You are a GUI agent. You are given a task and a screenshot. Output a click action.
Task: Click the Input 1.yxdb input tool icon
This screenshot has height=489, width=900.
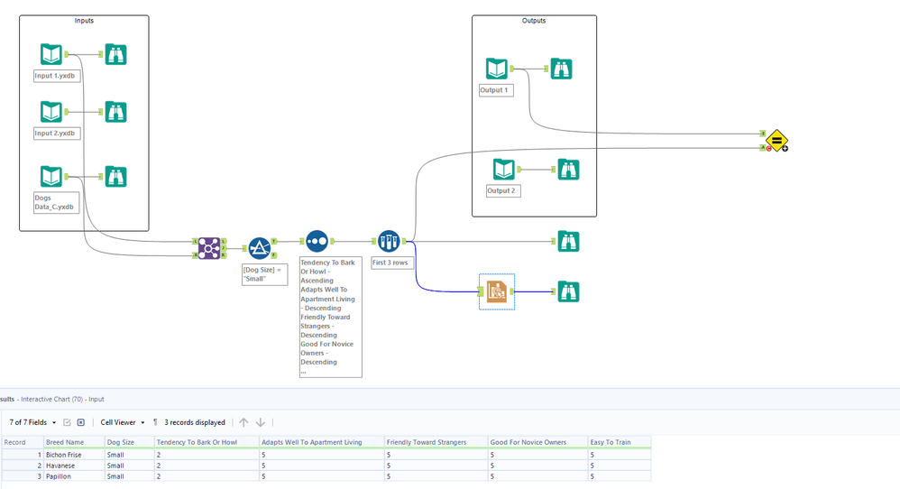coord(51,54)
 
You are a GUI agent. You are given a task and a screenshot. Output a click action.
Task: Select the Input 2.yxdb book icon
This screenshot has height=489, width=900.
coord(51,112)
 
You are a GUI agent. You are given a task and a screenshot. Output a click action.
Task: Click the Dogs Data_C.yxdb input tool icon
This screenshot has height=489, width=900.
coord(51,176)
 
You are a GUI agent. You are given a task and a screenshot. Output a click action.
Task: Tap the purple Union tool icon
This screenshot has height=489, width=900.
coord(209,248)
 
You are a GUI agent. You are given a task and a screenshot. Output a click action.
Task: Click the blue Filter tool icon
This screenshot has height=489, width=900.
coord(260,248)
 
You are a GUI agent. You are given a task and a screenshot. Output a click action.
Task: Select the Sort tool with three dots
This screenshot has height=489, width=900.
coord(317,241)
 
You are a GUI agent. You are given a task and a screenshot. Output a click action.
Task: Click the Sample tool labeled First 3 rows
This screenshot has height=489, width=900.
coord(389,241)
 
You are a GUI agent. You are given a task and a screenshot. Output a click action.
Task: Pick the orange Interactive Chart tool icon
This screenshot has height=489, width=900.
coord(496,291)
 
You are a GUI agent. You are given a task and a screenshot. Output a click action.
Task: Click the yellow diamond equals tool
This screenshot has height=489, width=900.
coord(776,140)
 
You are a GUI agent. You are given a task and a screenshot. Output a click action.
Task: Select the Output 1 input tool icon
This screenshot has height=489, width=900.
coord(497,69)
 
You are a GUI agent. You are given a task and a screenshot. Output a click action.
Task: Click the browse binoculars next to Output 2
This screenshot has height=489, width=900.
coord(568,169)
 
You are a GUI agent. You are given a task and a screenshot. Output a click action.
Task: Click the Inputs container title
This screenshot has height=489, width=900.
coord(83,20)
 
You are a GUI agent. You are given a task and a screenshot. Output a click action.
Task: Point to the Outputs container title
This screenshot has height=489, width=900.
coord(534,20)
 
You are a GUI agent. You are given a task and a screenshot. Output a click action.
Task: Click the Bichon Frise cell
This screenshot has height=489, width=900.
coord(64,455)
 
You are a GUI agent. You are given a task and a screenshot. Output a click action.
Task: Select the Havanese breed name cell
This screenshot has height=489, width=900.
coord(62,466)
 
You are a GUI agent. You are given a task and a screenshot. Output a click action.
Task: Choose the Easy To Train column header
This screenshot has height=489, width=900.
coord(611,442)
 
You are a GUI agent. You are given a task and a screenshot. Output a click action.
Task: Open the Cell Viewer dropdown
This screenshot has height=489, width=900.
coord(123,422)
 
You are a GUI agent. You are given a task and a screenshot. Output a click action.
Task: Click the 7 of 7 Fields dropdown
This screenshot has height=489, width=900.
coord(32,422)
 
